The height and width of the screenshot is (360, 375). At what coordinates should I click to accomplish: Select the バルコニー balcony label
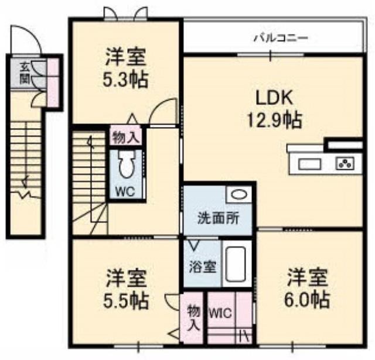280,39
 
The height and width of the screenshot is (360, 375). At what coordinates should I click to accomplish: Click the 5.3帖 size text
126,79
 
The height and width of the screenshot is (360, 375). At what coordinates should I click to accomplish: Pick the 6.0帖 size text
307,300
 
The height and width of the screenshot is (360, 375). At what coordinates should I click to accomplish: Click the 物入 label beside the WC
125,138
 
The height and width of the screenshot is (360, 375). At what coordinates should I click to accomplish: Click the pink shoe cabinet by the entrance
53,83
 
